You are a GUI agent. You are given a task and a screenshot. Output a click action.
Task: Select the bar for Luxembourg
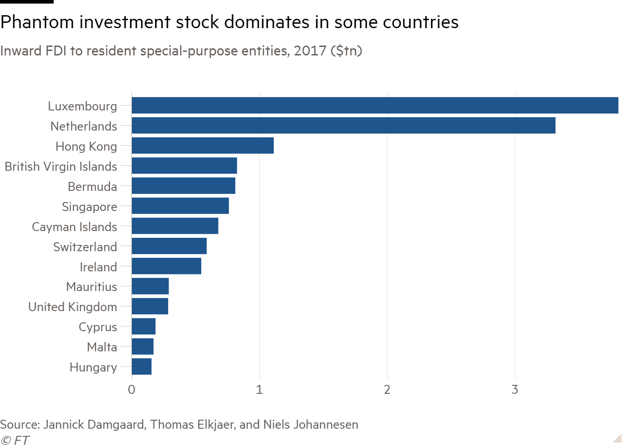[x=375, y=105]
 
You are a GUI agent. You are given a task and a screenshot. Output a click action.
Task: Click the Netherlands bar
[x=343, y=126]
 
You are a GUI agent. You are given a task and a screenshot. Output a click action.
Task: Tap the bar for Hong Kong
[x=203, y=146]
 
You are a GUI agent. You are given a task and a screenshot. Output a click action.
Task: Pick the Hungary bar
[x=141, y=367]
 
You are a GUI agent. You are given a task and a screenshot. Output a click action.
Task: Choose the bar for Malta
[x=143, y=346]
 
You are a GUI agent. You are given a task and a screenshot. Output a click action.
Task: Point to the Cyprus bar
[x=144, y=326]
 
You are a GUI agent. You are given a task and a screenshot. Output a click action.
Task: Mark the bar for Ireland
[x=166, y=266]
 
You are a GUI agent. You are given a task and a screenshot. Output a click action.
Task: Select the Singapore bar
[x=180, y=206]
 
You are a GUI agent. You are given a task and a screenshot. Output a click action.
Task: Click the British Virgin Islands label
[x=61, y=167]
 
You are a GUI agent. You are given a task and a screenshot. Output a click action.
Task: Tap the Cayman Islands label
[x=74, y=227]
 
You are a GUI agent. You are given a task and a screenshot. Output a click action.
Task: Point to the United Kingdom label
[x=72, y=307]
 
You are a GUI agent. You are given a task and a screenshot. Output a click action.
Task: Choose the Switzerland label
[x=85, y=247]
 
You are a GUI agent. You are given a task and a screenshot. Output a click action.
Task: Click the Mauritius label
[x=91, y=287]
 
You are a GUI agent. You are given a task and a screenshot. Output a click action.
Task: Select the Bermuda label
[x=92, y=187]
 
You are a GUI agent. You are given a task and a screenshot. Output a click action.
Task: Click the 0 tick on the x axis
[x=131, y=390]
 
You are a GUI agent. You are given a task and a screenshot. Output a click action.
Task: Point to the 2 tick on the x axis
[x=387, y=390]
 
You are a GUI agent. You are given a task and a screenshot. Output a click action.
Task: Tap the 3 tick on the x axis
[x=515, y=390]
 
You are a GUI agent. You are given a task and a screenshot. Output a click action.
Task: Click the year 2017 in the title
[x=310, y=51]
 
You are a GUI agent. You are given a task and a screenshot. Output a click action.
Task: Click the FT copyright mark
[x=15, y=441]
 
